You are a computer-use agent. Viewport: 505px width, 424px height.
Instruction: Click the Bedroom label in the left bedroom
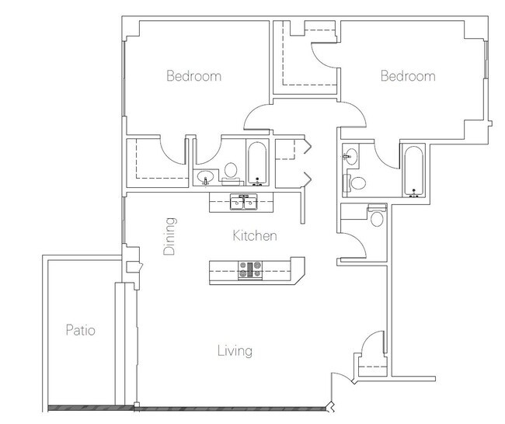pyautogui.click(x=194, y=76)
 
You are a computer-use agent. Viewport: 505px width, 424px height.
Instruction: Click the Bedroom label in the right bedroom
pyautogui.click(x=408, y=76)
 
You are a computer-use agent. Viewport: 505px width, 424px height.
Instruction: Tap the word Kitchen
pyautogui.click(x=255, y=235)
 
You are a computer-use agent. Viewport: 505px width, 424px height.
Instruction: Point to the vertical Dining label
pyautogui.click(x=169, y=237)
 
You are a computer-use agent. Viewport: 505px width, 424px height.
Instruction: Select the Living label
pyautogui.click(x=235, y=351)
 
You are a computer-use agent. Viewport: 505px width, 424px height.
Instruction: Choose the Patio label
pyautogui.click(x=81, y=330)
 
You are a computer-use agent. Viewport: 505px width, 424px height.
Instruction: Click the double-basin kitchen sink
pyautogui.click(x=244, y=202)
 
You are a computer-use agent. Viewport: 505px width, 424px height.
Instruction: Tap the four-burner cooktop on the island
pyautogui.click(x=250, y=269)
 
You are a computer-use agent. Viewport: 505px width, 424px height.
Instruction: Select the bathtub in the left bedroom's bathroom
pyautogui.click(x=257, y=164)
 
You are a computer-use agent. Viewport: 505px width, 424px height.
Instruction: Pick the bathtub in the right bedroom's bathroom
pyautogui.click(x=413, y=171)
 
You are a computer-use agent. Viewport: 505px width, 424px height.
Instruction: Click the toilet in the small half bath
pyautogui.click(x=377, y=215)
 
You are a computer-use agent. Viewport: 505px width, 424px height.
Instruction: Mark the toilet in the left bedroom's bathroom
pyautogui.click(x=232, y=174)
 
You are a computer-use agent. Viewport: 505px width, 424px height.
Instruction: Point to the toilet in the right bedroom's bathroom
pyautogui.click(x=355, y=182)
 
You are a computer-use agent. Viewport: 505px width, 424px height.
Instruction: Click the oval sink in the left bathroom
pyautogui.click(x=205, y=177)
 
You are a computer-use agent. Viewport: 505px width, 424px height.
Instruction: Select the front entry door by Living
pyautogui.click(x=343, y=377)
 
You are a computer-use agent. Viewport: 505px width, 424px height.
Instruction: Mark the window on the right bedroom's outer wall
pyautogui.click(x=486, y=60)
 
